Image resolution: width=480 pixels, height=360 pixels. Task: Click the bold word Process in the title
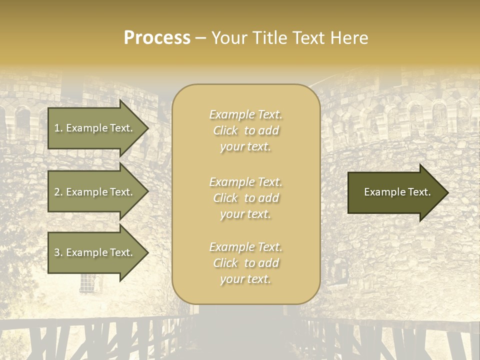tap(157, 38)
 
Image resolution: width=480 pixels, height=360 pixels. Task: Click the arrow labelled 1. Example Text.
tap(95, 128)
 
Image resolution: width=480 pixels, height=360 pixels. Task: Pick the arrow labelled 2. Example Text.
tap(95, 192)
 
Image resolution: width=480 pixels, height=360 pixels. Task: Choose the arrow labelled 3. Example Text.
tap(95, 252)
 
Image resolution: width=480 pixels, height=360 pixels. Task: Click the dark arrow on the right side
tap(395, 192)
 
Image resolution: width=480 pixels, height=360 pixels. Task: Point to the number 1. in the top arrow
tap(58, 128)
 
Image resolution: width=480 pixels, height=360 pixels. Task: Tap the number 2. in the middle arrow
tap(58, 192)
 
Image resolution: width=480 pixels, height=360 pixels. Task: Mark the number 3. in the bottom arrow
tap(58, 252)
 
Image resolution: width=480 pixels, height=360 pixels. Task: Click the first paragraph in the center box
tap(245, 130)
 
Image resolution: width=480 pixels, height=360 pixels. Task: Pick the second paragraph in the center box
tap(245, 198)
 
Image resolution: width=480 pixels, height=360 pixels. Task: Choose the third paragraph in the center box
tap(245, 263)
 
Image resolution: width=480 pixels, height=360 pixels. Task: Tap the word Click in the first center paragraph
tap(225, 130)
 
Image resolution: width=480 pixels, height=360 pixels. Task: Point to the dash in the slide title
tap(200, 38)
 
